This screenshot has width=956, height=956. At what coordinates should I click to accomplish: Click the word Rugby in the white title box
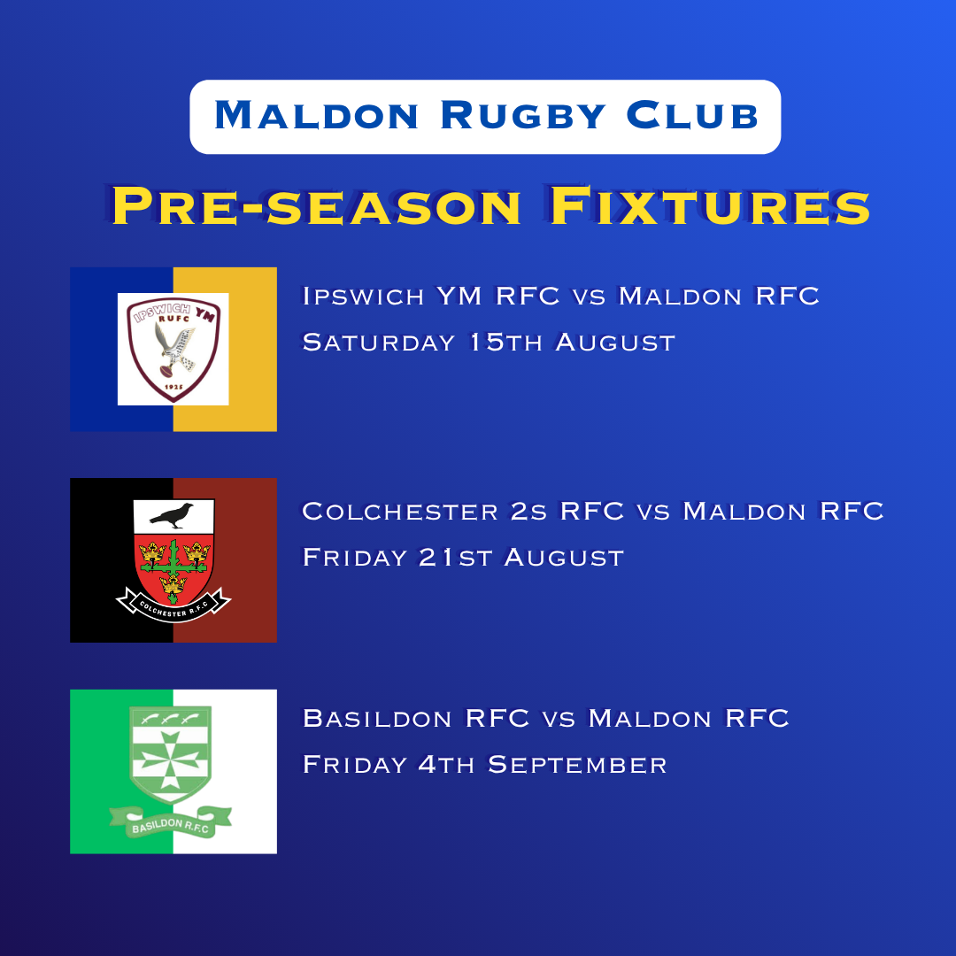point(522,114)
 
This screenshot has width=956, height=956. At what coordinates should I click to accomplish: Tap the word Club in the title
point(692,114)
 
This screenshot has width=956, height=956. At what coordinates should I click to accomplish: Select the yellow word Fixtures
point(710,206)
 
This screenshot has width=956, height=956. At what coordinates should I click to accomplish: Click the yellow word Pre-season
point(316,206)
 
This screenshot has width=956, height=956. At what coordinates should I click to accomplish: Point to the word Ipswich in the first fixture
point(364,297)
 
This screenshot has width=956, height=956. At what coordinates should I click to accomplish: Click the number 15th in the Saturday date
point(506,342)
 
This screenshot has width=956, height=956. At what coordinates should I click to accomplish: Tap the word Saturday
point(379,342)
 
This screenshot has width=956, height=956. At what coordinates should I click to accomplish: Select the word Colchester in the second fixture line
point(400,511)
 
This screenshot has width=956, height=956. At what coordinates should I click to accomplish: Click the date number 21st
point(455,558)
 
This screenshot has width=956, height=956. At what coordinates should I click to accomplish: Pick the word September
point(577,765)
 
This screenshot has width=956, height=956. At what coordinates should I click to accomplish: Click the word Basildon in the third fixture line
point(377,718)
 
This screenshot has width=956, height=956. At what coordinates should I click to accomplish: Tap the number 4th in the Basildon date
point(445,765)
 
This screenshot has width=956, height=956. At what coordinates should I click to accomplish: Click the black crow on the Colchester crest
point(172,515)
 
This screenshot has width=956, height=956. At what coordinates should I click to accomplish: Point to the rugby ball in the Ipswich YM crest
point(167,370)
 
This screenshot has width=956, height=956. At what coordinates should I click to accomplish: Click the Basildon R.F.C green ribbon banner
point(171,822)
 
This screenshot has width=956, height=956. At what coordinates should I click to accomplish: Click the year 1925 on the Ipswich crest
point(173,387)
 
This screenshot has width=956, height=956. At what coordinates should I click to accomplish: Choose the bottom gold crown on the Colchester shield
point(173,585)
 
